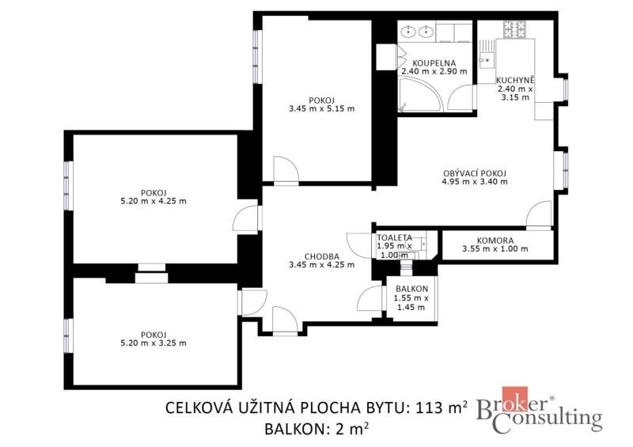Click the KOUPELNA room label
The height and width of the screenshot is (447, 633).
pos(434,63)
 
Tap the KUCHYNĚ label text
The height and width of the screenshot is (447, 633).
pos(515,80)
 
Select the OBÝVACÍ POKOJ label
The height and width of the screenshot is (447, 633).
pos(475,173)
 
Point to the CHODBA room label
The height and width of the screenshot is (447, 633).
pos(322,256)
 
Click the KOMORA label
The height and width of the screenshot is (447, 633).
pos(495,241)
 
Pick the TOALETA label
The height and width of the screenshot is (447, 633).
pos(394,238)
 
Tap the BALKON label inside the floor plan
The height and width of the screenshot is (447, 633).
pos(411,289)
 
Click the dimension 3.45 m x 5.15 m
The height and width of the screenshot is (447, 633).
pos(322,108)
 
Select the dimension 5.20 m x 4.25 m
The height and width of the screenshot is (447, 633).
pos(154,201)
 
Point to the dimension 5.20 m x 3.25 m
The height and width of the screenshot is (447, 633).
pos(154,343)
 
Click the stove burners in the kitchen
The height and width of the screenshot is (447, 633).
pos(515,29)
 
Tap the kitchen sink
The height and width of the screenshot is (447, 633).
pos(487,60)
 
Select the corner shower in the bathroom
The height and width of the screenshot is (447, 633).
pos(420,95)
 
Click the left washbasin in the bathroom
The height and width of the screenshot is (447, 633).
pos(410,31)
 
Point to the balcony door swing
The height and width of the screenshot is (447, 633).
pos(370,298)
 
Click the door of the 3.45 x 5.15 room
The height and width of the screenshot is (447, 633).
pos(286,169)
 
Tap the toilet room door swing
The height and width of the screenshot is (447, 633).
pos(359,246)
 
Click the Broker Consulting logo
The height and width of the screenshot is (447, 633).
pos(540,411)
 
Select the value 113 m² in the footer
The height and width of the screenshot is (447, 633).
pos(442,407)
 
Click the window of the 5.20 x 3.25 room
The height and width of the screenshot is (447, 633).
pos(68,335)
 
